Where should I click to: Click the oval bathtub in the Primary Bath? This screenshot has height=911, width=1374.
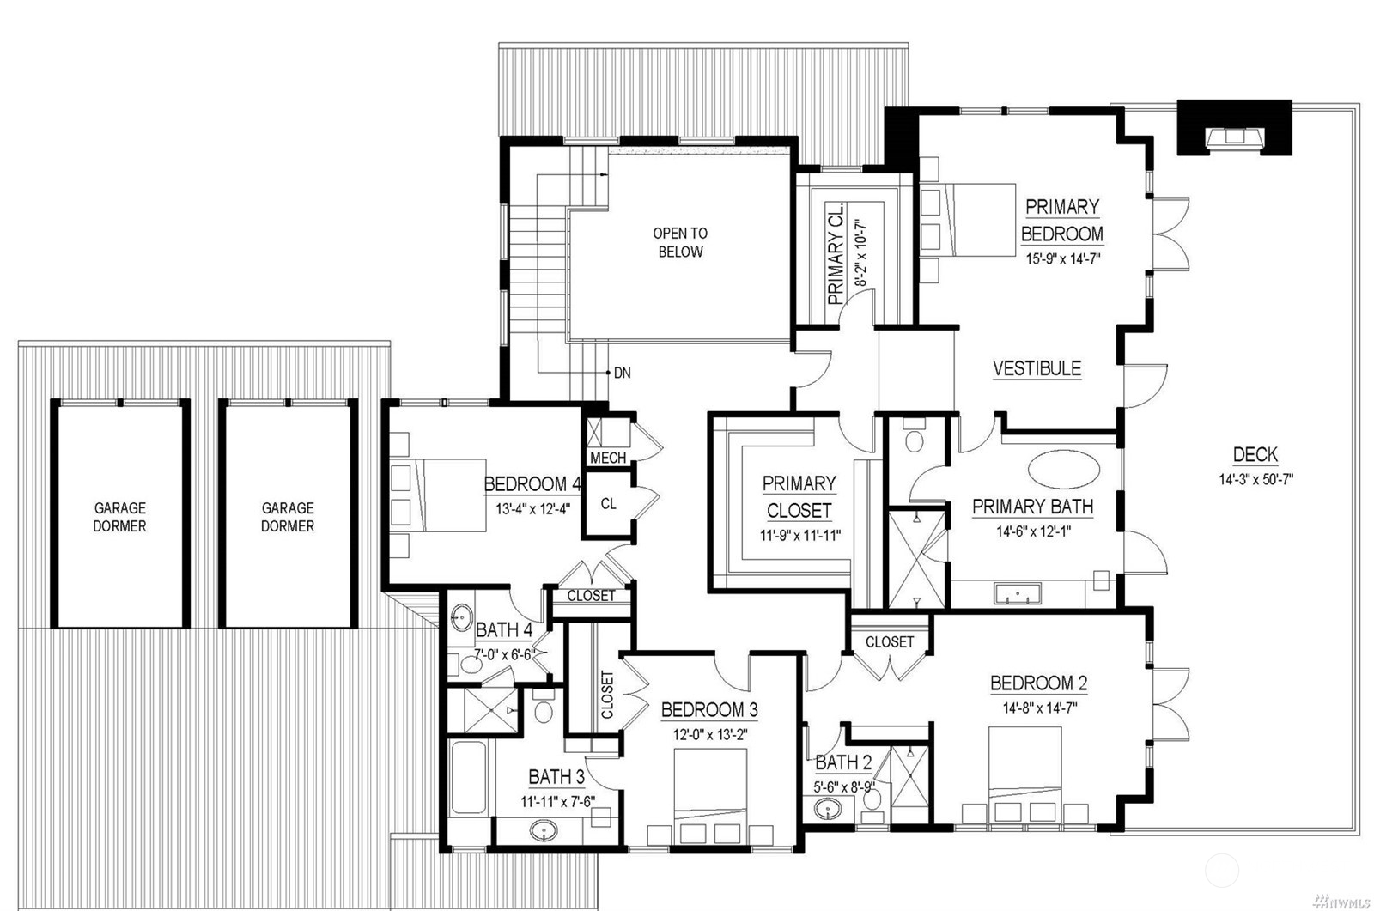click(1064, 470)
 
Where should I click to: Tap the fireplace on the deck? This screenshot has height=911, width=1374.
click(1234, 128)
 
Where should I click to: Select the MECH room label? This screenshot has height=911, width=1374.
click(608, 458)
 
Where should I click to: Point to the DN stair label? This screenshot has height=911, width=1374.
click(622, 373)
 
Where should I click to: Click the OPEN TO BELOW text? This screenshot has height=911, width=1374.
click(680, 242)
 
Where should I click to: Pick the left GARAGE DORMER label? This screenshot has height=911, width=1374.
click(119, 517)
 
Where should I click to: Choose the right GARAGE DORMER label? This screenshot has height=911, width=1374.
click(288, 517)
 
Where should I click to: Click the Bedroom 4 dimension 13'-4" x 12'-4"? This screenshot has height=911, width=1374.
click(533, 508)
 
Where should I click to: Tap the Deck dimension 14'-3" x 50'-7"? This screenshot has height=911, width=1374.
click(1255, 479)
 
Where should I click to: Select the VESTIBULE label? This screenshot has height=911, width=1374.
click(1037, 368)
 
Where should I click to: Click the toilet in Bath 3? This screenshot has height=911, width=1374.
click(544, 707)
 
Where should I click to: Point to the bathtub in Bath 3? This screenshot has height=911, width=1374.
click(469, 777)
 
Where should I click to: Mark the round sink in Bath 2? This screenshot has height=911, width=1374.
click(828, 809)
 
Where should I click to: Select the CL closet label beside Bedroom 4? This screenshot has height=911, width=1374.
click(608, 504)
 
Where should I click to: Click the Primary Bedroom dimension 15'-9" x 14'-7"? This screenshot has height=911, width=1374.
click(1063, 258)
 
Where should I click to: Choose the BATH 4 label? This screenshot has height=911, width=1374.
click(504, 629)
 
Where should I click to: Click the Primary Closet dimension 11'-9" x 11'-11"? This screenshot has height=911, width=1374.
click(799, 535)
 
